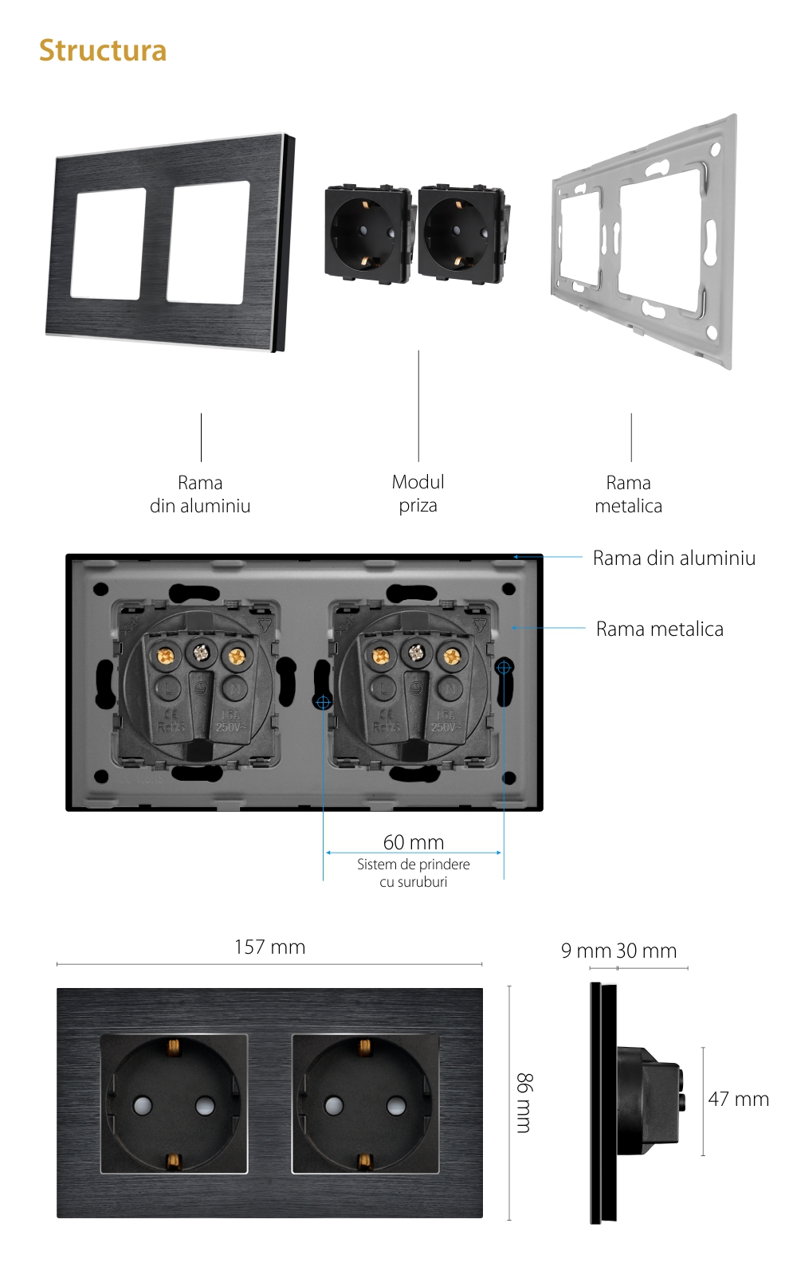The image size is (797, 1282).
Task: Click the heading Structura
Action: tap(103, 50)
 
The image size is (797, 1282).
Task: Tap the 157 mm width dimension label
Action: tap(269, 947)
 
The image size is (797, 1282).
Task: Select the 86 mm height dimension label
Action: tap(524, 1103)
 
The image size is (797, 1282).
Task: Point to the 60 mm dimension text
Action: tap(414, 841)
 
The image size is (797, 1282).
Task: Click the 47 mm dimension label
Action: tap(738, 1099)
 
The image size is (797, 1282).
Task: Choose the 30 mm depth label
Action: tap(647, 951)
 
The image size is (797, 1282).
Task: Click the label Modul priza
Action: tap(418, 493)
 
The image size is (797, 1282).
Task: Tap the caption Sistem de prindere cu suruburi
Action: tap(414, 872)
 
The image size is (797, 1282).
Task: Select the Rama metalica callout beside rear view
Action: tap(660, 629)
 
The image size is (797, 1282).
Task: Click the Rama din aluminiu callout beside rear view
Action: tap(674, 558)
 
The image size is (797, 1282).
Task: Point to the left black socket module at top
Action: tap(367, 233)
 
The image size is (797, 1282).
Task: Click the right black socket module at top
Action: tap(461, 233)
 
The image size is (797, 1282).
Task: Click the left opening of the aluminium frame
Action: tap(108, 244)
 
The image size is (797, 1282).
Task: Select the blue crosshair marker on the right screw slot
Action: tap(504, 667)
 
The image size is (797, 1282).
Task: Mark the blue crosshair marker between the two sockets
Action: tap(323, 702)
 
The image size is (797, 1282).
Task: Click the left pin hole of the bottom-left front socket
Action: tap(143, 1105)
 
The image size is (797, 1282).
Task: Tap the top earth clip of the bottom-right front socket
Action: tap(364, 1046)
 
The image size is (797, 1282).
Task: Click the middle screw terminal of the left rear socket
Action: tap(200, 654)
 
